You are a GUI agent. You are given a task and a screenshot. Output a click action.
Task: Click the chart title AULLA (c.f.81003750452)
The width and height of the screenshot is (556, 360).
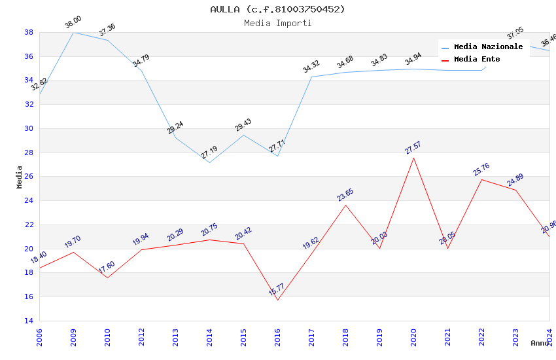coord(277,9)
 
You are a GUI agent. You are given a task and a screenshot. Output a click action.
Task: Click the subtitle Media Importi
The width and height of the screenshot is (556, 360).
coord(277,23)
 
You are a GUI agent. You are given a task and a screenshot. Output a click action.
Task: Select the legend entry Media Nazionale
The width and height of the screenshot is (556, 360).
coord(488,47)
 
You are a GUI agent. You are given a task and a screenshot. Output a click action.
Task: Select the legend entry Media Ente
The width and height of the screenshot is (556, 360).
coord(477,60)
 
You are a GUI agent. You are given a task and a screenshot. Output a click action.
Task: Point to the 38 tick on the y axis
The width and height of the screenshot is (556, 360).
coord(29,32)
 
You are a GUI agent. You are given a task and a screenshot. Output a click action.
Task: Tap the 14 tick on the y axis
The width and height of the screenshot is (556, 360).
coord(29,321)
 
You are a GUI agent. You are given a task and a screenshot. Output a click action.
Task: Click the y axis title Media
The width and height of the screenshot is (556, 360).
coord(20,177)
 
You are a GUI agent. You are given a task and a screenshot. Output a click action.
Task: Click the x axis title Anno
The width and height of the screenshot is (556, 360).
coord(540,343)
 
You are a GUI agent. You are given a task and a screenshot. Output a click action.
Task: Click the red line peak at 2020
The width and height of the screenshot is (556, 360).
coord(413,158)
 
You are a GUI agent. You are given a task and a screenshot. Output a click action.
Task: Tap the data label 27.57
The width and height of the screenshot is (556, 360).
coord(413,147)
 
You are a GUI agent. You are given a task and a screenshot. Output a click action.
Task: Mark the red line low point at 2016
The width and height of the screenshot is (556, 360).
coord(277,300)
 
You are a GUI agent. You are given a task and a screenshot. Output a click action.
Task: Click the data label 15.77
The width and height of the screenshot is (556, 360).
coord(277,289)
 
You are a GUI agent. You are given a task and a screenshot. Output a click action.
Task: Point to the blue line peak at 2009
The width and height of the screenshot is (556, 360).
coord(73,32)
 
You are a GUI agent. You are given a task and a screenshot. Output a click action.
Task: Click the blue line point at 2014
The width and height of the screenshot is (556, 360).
coord(209,162)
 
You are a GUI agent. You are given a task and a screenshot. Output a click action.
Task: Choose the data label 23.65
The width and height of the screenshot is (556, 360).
coord(345,195)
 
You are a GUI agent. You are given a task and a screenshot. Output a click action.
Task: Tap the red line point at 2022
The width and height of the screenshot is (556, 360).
coord(481,179)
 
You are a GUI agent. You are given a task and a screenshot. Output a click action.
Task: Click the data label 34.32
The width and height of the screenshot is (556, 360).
coord(311,67)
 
